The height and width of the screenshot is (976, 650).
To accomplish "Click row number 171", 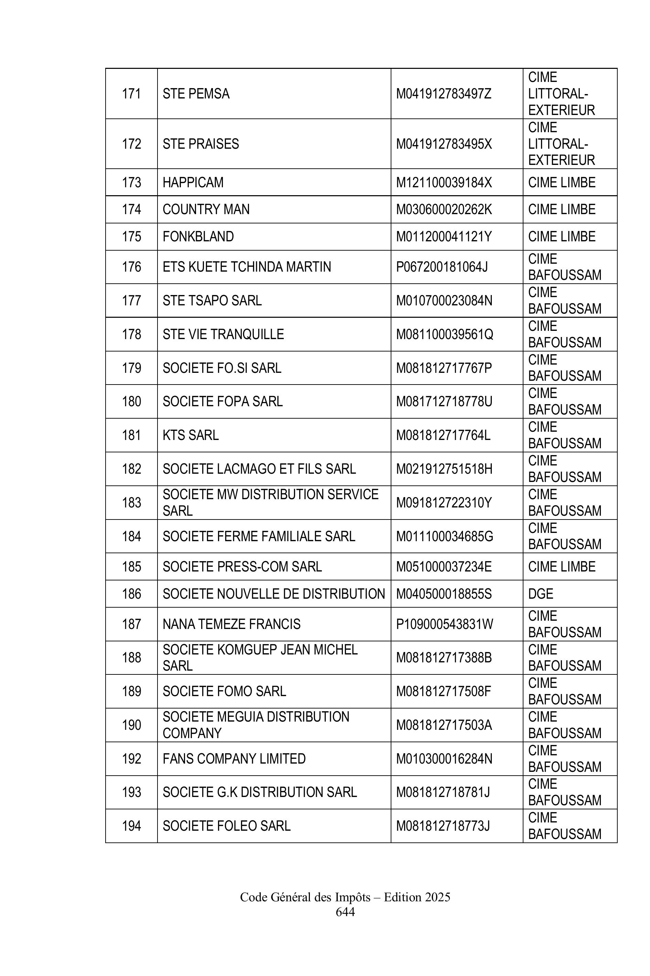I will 131,94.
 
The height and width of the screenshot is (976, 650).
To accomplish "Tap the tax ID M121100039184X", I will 444,182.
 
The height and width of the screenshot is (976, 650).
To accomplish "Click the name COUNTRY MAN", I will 206,210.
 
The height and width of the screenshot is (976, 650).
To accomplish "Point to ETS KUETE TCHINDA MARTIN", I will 247,267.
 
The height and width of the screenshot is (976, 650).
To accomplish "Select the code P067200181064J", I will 442,267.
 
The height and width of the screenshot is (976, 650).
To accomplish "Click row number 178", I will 131,335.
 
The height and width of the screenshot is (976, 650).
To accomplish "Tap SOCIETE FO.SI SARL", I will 222,368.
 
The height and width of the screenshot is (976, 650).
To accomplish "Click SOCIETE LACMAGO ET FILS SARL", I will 259,469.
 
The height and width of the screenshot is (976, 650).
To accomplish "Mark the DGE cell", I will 541,594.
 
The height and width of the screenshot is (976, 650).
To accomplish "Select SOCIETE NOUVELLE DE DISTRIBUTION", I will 274,594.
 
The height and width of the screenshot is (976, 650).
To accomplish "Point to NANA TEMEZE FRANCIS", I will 231,624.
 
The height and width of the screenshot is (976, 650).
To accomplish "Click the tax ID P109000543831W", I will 444,624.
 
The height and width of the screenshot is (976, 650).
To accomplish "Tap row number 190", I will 131,725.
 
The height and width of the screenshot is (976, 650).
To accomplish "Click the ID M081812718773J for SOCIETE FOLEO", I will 443,826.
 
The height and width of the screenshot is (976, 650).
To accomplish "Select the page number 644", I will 345,912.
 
